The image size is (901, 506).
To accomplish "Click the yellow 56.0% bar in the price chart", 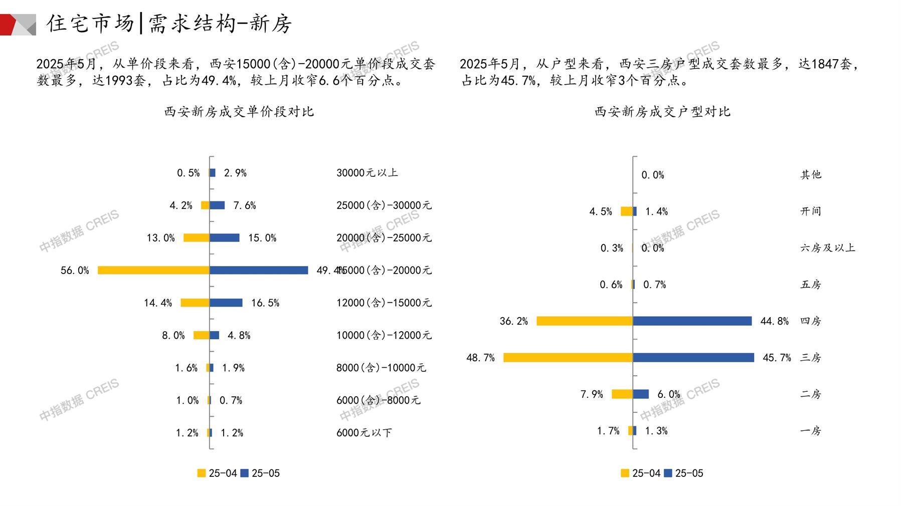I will (x=153, y=271).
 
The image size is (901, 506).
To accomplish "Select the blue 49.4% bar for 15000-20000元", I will (x=259, y=271).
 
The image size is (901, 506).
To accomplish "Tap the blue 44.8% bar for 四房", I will (x=692, y=321).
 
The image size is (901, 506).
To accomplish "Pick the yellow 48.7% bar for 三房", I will (x=568, y=358).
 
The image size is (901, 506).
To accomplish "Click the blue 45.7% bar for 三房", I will (x=693, y=358).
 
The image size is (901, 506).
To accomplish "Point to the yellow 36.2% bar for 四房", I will (x=585, y=321).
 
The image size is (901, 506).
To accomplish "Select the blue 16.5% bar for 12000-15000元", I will (x=226, y=303).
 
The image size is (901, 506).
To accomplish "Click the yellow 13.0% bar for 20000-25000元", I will (x=197, y=238).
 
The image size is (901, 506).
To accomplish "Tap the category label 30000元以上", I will (x=367, y=173).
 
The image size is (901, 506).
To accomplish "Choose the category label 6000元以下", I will (x=364, y=433).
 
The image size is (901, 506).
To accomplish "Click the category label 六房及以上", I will (x=827, y=248).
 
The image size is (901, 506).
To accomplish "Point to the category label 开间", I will (x=810, y=211).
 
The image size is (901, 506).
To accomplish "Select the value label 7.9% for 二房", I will (x=592, y=394).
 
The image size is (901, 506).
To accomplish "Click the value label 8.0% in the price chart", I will (x=173, y=336).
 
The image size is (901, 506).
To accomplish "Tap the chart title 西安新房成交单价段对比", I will (x=239, y=112).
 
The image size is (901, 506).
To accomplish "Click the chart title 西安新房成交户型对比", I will (x=662, y=112).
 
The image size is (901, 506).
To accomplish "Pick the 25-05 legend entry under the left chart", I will (x=260, y=473).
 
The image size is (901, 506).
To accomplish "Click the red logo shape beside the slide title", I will (x=9, y=25).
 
